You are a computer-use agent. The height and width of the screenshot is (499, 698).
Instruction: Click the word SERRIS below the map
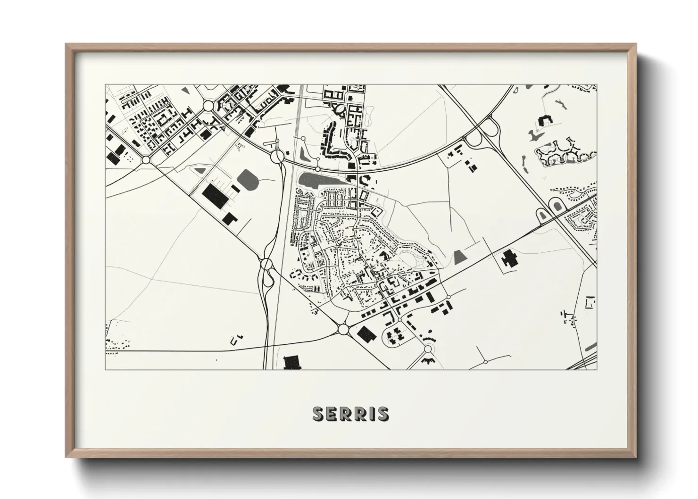click(x=351, y=414)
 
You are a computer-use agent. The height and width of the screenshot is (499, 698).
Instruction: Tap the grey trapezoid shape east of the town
click(x=459, y=258)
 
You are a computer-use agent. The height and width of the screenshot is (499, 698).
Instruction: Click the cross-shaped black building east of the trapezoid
click(x=508, y=259)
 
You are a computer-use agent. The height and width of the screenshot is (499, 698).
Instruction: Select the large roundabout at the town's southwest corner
click(x=343, y=329)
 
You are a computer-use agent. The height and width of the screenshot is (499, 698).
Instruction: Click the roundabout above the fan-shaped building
click(x=429, y=349)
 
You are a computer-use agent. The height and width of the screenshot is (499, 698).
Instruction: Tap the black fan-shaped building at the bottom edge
click(x=429, y=361)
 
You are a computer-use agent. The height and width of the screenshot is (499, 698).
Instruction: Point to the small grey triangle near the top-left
click(x=186, y=88)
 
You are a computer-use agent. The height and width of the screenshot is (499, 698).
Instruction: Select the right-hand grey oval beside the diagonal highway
click(x=556, y=206)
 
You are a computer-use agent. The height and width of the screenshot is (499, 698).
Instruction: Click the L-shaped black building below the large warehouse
click(x=229, y=218)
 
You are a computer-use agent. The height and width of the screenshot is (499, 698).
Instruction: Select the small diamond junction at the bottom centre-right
click(x=485, y=362)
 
